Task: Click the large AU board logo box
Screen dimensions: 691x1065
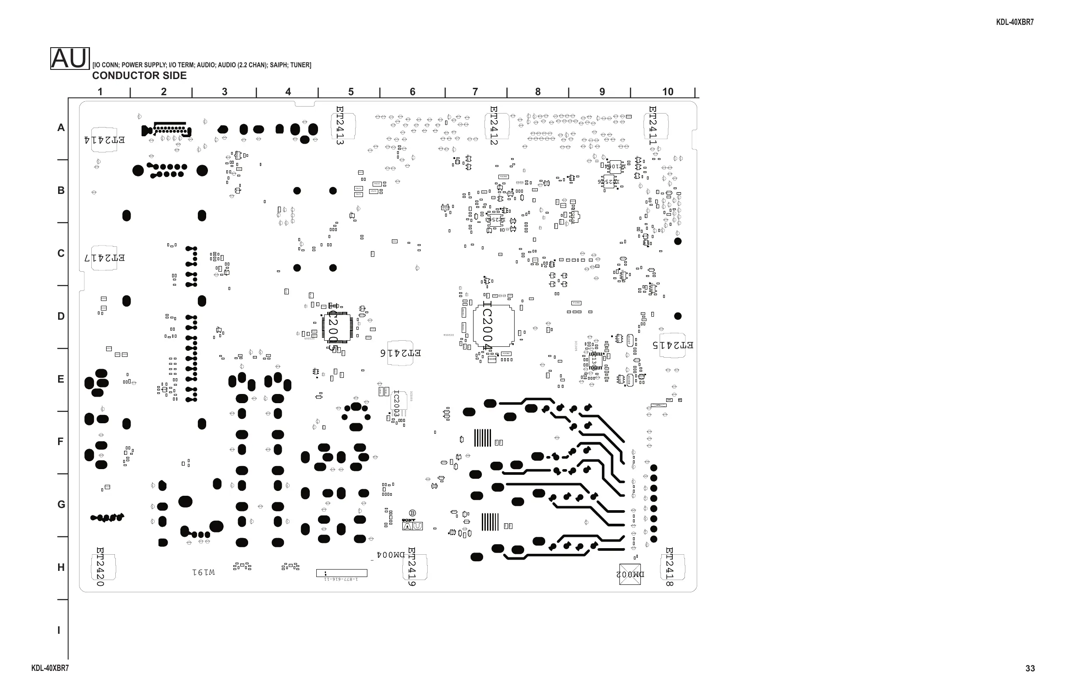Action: coord(70,59)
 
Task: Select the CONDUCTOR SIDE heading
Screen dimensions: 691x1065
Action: coord(139,76)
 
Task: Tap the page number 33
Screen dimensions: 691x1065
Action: coord(1030,668)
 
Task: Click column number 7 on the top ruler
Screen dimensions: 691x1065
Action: coord(475,92)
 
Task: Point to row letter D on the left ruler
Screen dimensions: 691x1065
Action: coord(61,316)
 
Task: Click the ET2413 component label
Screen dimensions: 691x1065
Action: coord(340,125)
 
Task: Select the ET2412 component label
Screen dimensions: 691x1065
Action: coord(494,125)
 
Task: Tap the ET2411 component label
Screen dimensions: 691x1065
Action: coord(653,125)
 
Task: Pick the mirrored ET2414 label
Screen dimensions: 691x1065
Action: coord(105,140)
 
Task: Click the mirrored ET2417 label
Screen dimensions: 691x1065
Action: coord(105,258)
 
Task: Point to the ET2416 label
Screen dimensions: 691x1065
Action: coord(401,353)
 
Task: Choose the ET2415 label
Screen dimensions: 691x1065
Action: coord(673,345)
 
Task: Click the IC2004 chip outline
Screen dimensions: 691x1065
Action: coord(494,326)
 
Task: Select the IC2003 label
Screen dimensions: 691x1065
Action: coord(396,404)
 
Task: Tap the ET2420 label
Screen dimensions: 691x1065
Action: coord(100,567)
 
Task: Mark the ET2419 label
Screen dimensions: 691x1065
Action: coord(412,567)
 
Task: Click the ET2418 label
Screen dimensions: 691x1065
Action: coord(669,567)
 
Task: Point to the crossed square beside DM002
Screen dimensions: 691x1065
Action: coord(630,574)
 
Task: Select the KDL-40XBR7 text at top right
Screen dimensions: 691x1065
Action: coord(1014,22)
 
